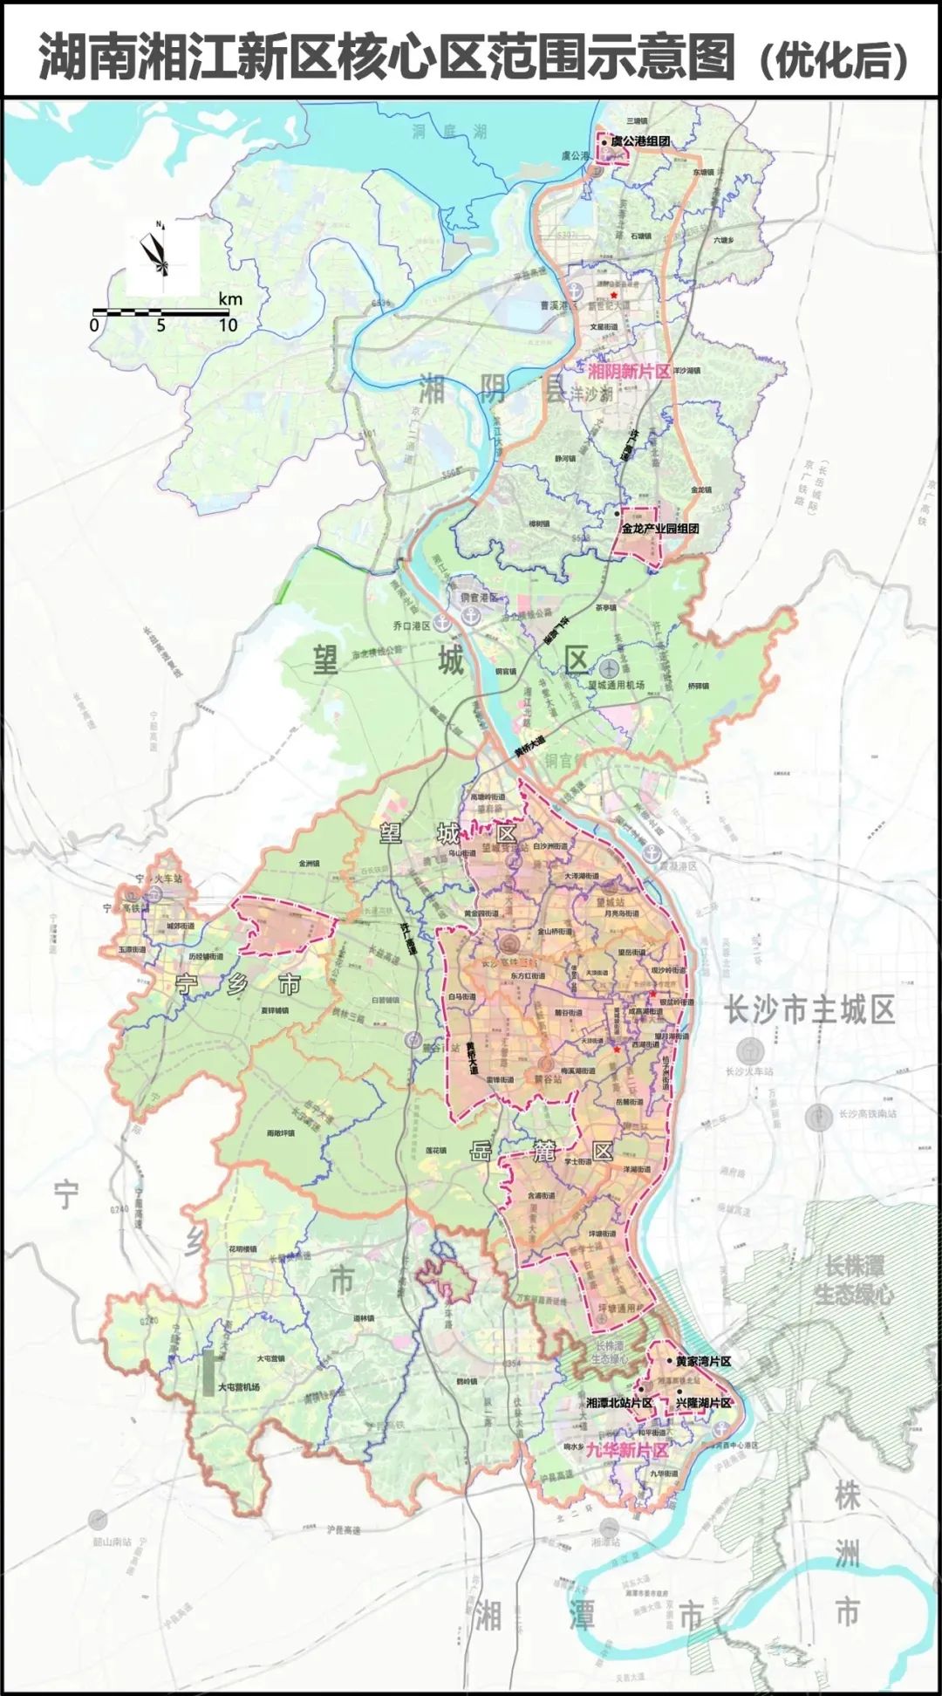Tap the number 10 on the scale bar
point(228,325)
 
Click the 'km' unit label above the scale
point(230,299)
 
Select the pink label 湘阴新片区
point(628,371)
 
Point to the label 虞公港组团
point(640,140)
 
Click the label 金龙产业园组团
point(660,529)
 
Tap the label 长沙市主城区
point(809,1010)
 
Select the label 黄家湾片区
point(703,1361)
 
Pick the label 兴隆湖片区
point(704,1403)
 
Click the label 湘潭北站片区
point(619,1403)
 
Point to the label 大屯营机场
point(238,1386)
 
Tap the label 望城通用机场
point(617,685)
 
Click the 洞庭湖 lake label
point(449,133)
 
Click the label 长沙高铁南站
point(867,1113)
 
